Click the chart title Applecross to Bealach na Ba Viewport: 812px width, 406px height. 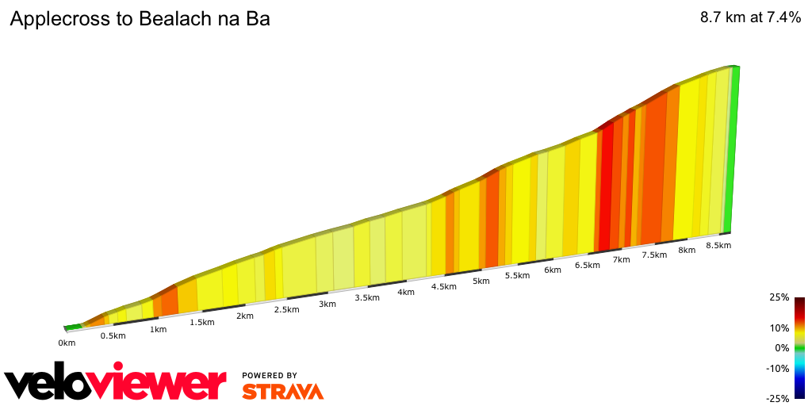(140, 19)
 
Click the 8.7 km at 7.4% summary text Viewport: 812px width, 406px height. (750, 18)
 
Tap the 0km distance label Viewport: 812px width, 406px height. (67, 343)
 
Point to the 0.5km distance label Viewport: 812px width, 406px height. (113, 335)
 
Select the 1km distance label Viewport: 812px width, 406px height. (159, 329)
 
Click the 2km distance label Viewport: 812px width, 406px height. (244, 316)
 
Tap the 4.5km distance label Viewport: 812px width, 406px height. (443, 286)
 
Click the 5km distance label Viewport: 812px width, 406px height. (481, 281)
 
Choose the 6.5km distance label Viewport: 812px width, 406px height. (587, 265)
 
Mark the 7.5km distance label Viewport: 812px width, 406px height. (654, 255)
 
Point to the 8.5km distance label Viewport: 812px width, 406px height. (718, 245)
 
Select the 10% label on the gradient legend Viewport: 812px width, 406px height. (780, 327)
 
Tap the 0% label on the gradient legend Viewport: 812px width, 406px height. (783, 347)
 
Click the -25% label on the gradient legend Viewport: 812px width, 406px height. (779, 398)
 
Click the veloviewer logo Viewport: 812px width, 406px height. (116, 384)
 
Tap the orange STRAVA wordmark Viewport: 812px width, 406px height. (282, 391)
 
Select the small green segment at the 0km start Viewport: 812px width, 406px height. (72, 326)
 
